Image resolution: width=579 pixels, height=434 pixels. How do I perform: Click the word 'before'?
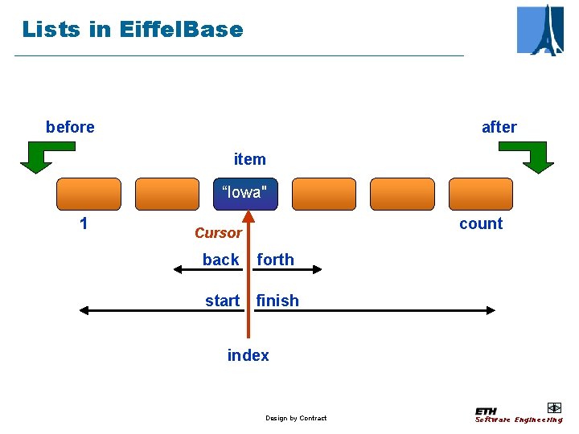coord(70,127)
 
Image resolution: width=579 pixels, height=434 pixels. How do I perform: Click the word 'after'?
coord(499,127)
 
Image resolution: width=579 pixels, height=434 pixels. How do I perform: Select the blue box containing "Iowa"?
coord(245,194)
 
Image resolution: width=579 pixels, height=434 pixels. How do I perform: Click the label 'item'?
coord(249,159)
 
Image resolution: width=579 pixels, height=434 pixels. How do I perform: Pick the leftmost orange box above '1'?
coord(88,194)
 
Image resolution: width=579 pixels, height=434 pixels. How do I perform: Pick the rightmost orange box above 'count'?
coord(480,194)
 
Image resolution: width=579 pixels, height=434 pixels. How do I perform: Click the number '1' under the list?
coord(84,223)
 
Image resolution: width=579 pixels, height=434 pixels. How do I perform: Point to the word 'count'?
coord(481,223)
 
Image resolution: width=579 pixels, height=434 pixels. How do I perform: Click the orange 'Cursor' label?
coord(218,233)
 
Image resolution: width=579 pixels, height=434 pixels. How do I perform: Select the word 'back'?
coord(220,260)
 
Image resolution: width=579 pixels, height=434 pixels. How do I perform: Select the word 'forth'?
coord(276,260)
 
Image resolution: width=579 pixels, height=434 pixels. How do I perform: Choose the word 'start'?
coord(222,301)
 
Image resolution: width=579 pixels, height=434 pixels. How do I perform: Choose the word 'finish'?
coord(277,301)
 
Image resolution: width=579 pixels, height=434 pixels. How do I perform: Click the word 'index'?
coord(248,355)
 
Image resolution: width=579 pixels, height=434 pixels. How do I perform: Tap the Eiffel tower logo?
coord(540,30)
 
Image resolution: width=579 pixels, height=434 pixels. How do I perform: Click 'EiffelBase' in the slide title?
coord(180,30)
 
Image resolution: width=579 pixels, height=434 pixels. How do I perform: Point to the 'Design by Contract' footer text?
coord(296,418)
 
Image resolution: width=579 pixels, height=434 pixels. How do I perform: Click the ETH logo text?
coord(486,411)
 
